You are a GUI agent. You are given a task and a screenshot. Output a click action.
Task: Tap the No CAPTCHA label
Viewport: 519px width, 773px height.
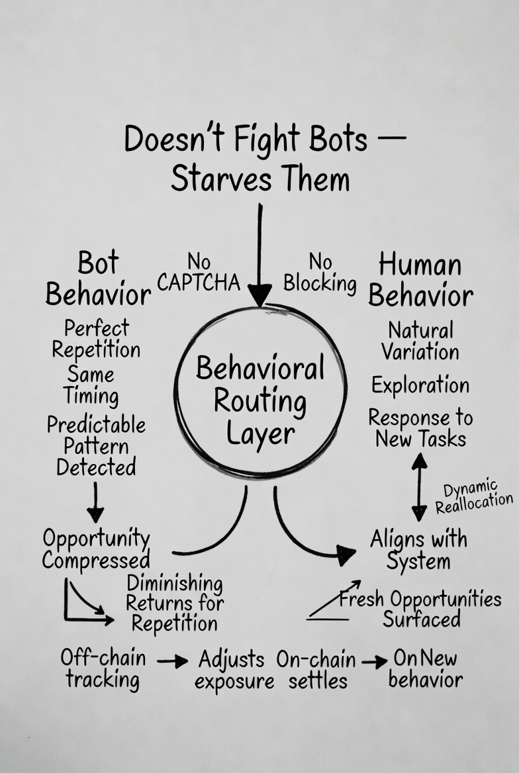tap(199, 272)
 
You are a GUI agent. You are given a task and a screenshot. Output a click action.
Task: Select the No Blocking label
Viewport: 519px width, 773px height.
tap(320, 273)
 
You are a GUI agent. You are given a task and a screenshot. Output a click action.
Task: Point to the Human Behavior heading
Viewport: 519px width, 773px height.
tap(420, 280)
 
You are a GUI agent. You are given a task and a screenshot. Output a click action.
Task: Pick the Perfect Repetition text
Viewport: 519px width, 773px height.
tap(96, 338)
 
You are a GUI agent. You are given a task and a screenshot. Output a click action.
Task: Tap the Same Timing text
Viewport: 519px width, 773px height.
tap(91, 385)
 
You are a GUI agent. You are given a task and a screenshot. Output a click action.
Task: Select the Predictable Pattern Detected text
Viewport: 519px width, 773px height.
tap(96, 445)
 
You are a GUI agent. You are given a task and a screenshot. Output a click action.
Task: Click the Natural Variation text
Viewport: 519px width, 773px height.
tap(420, 340)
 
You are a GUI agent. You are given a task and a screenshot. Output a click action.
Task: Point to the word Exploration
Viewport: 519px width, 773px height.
tap(420, 385)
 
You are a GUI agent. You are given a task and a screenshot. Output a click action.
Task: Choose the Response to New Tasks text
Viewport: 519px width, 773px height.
tap(420, 428)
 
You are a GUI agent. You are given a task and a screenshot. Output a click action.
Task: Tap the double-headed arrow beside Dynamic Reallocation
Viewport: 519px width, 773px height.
tap(419, 486)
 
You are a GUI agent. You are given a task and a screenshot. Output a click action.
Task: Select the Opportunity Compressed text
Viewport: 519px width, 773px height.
tap(96, 549)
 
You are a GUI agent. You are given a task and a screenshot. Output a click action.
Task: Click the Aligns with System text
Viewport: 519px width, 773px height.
tap(418, 550)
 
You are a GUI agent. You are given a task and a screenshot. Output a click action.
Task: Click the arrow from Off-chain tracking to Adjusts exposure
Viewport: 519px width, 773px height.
tap(172, 660)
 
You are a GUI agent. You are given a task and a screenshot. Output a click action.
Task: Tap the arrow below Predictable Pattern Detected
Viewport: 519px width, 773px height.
tap(95, 502)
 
